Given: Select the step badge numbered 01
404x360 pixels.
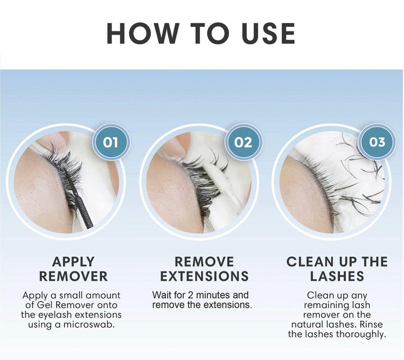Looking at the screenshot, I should point(112,142).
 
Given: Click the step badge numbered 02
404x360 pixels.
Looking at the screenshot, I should point(244,142).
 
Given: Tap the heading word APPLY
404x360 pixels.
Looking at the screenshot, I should point(74,262).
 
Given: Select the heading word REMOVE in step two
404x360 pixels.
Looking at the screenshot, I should point(204,262).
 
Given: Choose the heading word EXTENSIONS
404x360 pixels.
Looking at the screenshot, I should point(204,276).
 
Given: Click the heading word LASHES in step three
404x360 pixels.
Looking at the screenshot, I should point(337,276).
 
